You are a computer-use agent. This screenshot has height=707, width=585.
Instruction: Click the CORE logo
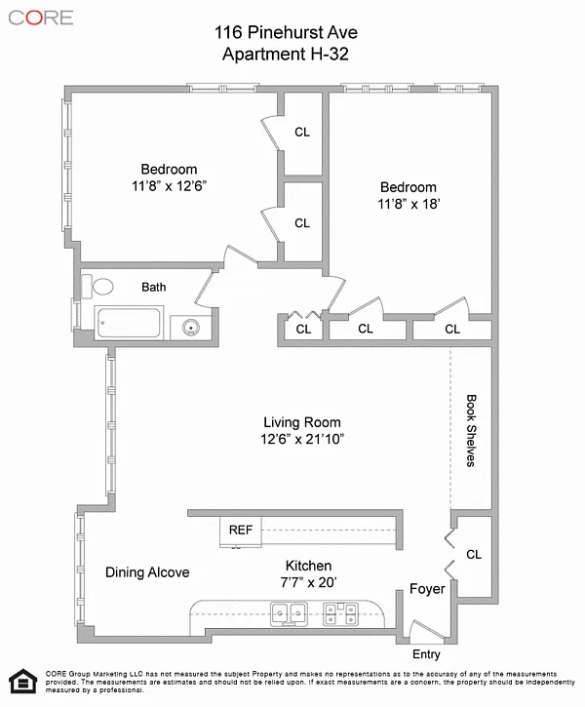point(41,18)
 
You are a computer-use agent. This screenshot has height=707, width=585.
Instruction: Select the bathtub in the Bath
point(129,323)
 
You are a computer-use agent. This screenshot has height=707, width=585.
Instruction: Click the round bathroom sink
point(191,327)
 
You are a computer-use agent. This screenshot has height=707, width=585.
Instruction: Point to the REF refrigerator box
point(240,531)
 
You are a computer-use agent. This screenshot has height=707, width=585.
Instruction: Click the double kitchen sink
point(289,614)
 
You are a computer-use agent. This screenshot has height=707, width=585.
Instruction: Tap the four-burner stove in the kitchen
point(340,614)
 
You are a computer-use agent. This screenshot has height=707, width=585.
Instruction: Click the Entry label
point(426,654)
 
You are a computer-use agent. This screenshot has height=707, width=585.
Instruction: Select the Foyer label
point(427,589)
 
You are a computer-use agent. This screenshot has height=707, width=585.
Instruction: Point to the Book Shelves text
point(471,431)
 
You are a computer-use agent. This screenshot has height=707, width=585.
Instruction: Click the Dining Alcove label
point(147,572)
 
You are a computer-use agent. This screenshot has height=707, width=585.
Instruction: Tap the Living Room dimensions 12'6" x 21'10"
point(302,439)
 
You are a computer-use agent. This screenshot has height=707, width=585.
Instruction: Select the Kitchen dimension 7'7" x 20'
point(309,582)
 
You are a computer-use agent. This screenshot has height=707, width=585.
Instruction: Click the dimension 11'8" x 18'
point(409,204)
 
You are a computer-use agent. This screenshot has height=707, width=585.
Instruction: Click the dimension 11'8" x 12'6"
point(169,185)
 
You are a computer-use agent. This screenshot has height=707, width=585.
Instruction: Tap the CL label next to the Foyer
point(474,554)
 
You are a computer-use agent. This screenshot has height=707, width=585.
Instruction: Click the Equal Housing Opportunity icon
point(23,681)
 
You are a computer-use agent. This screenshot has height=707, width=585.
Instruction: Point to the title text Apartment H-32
point(286,54)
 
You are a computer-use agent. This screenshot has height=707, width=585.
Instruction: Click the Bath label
point(154,288)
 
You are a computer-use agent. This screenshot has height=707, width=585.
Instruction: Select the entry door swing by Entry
point(427,630)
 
